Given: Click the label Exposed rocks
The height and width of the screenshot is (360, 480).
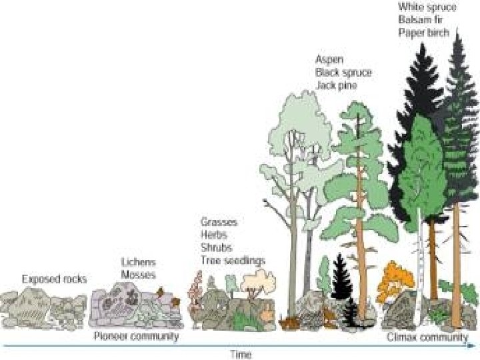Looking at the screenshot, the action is pos(54,279).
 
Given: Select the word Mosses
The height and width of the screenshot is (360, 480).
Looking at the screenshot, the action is pos(138,274).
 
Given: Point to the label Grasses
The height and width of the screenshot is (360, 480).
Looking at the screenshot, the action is pos(219,221).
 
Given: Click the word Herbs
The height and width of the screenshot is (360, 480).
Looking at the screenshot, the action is pos(214,235).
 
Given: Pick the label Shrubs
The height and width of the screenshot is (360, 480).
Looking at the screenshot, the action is pos(216,247).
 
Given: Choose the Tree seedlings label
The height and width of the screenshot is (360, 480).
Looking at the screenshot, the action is pos(233,260).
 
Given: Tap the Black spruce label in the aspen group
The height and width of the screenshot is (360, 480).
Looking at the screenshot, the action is pos(343,72).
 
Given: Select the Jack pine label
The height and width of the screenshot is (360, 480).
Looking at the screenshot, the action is pos(336,85).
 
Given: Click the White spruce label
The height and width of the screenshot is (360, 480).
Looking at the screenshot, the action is pos(427,7).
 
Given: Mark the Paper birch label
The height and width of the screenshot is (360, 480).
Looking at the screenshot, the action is pos(424,32).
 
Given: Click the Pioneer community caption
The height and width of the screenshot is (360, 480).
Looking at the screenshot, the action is pos(136,337).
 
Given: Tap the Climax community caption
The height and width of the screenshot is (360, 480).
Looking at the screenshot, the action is pos(427,337).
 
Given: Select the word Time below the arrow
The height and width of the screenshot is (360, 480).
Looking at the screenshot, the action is pos(241,354).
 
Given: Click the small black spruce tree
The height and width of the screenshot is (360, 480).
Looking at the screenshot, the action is pos(342,277).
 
